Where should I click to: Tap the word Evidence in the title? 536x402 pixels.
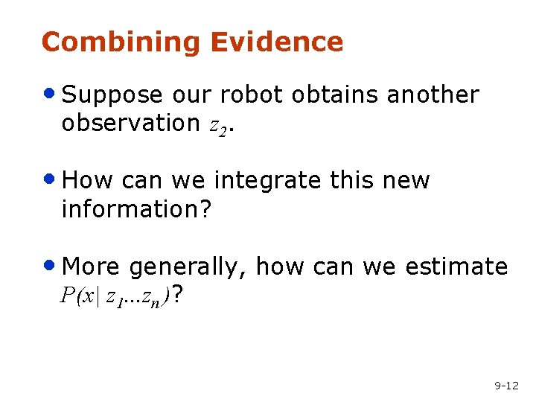(276, 42)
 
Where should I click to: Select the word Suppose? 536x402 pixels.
(112, 95)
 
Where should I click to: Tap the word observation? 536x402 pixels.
(131, 123)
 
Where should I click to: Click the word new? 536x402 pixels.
(404, 182)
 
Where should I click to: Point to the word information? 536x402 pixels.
(137, 209)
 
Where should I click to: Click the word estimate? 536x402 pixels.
(456, 267)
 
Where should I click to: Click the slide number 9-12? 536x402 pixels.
(506, 386)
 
